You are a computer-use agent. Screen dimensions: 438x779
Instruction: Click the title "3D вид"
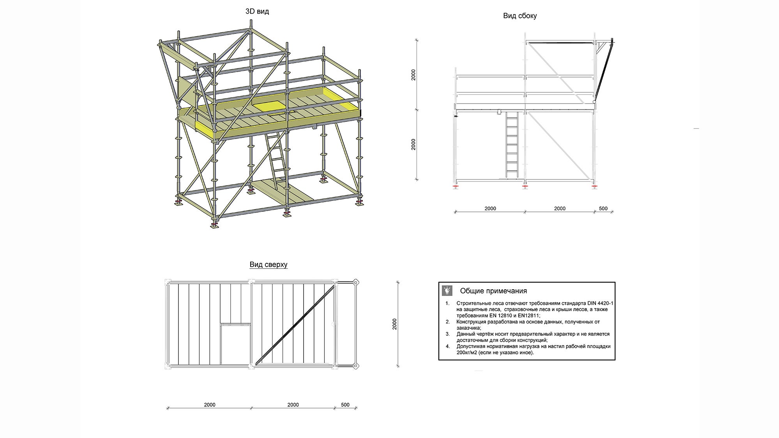(x=257, y=11)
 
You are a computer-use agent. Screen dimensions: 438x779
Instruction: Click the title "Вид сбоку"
(x=519, y=16)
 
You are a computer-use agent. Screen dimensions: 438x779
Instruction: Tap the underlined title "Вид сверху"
(x=268, y=265)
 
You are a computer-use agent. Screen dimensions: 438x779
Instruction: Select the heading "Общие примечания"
(x=493, y=291)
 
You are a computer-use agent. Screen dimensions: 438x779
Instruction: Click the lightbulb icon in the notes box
(x=447, y=290)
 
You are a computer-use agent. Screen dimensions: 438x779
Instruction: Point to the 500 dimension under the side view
(x=603, y=208)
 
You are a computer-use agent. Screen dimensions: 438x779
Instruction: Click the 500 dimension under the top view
(x=345, y=405)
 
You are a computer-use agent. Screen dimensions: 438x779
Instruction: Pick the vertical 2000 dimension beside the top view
(x=394, y=324)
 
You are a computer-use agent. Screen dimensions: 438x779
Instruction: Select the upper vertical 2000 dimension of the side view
(x=413, y=75)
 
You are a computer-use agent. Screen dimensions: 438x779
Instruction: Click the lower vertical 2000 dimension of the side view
(x=413, y=144)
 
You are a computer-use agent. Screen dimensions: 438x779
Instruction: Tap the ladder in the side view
(x=512, y=146)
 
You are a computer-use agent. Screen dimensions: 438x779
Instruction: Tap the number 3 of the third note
(x=448, y=334)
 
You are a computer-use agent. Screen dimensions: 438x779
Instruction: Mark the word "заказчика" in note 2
(x=468, y=328)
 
